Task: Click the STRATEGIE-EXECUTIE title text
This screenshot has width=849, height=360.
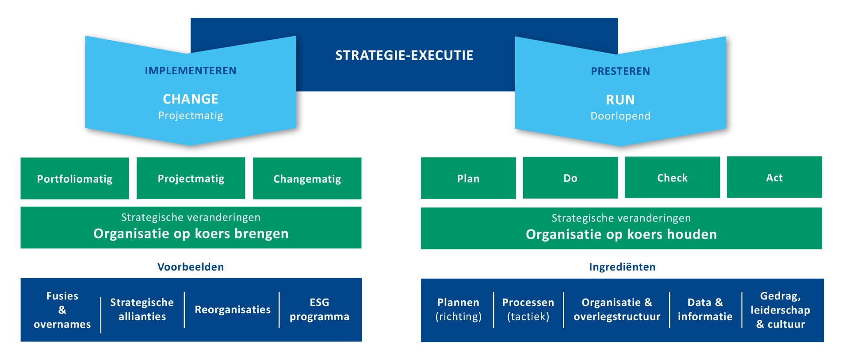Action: pyautogui.click(x=404, y=55)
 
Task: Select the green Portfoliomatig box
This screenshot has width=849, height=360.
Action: pyautogui.click(x=75, y=179)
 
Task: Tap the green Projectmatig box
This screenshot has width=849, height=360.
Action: pyautogui.click(x=191, y=178)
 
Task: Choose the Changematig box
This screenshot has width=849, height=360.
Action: pyautogui.click(x=307, y=179)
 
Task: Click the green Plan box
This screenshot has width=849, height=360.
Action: pyautogui.click(x=468, y=178)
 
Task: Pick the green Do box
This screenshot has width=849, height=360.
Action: pyautogui.click(x=570, y=178)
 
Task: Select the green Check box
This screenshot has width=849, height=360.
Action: pyautogui.click(x=672, y=177)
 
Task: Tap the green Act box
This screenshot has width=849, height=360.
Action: pyautogui.click(x=774, y=177)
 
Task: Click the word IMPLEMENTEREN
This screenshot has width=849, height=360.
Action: pyautogui.click(x=191, y=71)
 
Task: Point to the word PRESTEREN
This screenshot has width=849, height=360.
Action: pyautogui.click(x=620, y=71)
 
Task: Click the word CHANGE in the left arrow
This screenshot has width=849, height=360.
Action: pyautogui.click(x=191, y=99)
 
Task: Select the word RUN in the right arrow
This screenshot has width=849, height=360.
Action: pyautogui.click(x=620, y=100)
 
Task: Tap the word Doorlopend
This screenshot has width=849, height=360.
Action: pyautogui.click(x=620, y=116)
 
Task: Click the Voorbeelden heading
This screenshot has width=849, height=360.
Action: pyautogui.click(x=191, y=267)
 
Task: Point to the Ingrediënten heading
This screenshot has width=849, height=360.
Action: pyautogui.click(x=622, y=267)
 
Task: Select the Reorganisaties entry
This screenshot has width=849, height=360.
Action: pyautogui.click(x=233, y=310)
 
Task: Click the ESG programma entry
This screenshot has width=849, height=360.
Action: pyautogui.click(x=319, y=310)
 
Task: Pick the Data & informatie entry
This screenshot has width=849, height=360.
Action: pyautogui.click(x=705, y=310)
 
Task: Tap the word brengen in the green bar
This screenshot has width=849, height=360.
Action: pyautogui.click(x=261, y=234)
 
